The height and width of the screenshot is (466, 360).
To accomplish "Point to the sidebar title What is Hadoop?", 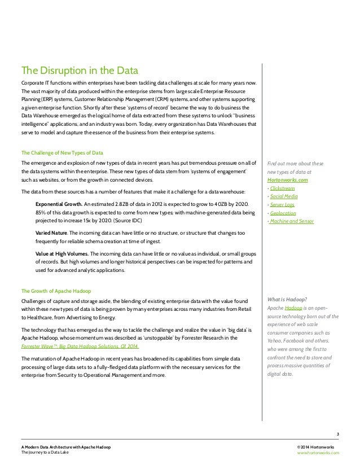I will click(x=288, y=299).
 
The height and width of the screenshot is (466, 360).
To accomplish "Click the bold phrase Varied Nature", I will click(x=52, y=232).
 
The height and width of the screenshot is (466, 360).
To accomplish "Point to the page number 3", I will click(x=337, y=433).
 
